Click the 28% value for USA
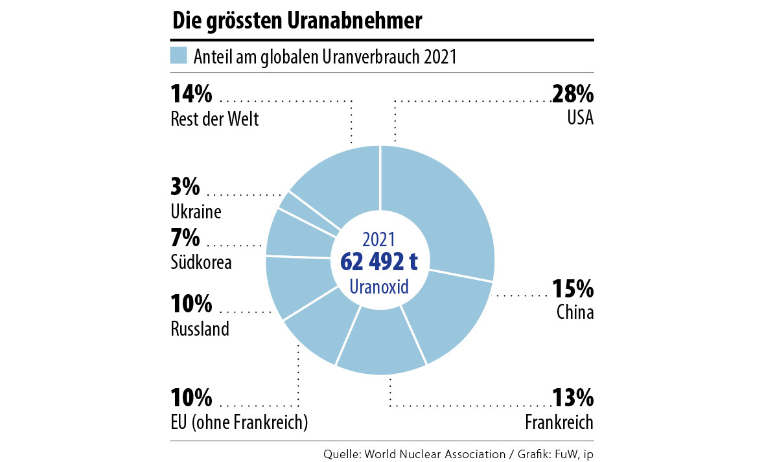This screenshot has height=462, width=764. (x=573, y=95)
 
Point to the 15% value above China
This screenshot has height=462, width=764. (x=573, y=288)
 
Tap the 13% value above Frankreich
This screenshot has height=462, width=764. (x=573, y=397)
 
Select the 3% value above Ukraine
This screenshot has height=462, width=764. (x=185, y=187)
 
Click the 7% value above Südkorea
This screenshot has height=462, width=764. (x=185, y=238)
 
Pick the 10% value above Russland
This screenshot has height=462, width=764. (x=192, y=303)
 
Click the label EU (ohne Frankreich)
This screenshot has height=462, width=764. (x=239, y=423)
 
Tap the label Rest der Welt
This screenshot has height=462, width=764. (x=214, y=120)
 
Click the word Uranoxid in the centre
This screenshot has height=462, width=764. (x=379, y=286)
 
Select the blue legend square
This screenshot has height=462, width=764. (x=178, y=56)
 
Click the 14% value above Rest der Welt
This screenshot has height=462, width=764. (x=192, y=95)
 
